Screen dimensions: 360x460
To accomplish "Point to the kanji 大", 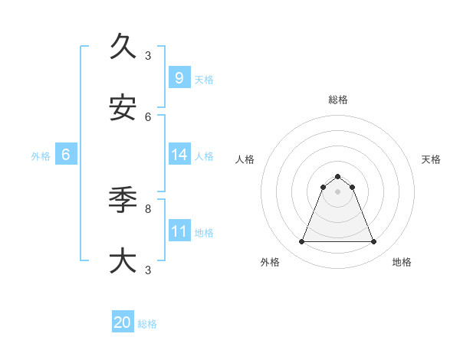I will click(x=123, y=260).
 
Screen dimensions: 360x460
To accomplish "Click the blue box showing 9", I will click(x=179, y=77).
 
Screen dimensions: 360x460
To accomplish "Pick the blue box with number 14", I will click(x=179, y=154).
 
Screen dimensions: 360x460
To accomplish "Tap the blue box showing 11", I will click(x=179, y=231).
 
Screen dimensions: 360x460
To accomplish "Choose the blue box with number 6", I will click(x=66, y=154).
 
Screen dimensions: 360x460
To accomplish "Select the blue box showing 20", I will click(x=123, y=322).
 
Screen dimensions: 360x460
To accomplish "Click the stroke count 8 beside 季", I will click(x=148, y=208).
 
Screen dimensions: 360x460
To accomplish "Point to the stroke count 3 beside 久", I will click(x=148, y=55).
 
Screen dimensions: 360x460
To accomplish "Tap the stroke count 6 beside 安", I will click(x=148, y=116).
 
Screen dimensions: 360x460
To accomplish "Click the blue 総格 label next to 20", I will click(x=147, y=324).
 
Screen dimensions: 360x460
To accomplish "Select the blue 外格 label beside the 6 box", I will click(x=41, y=155).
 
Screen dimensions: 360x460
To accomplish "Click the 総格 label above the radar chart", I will click(x=337, y=100).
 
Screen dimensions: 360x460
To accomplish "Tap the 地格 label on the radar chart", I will click(x=402, y=262).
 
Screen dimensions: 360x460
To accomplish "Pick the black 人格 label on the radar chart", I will click(x=245, y=159).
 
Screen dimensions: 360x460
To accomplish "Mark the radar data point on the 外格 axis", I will click(x=301, y=242).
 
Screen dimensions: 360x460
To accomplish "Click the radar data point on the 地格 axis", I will click(x=373, y=242).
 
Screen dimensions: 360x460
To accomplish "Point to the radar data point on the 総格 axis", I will click(x=337, y=176).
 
